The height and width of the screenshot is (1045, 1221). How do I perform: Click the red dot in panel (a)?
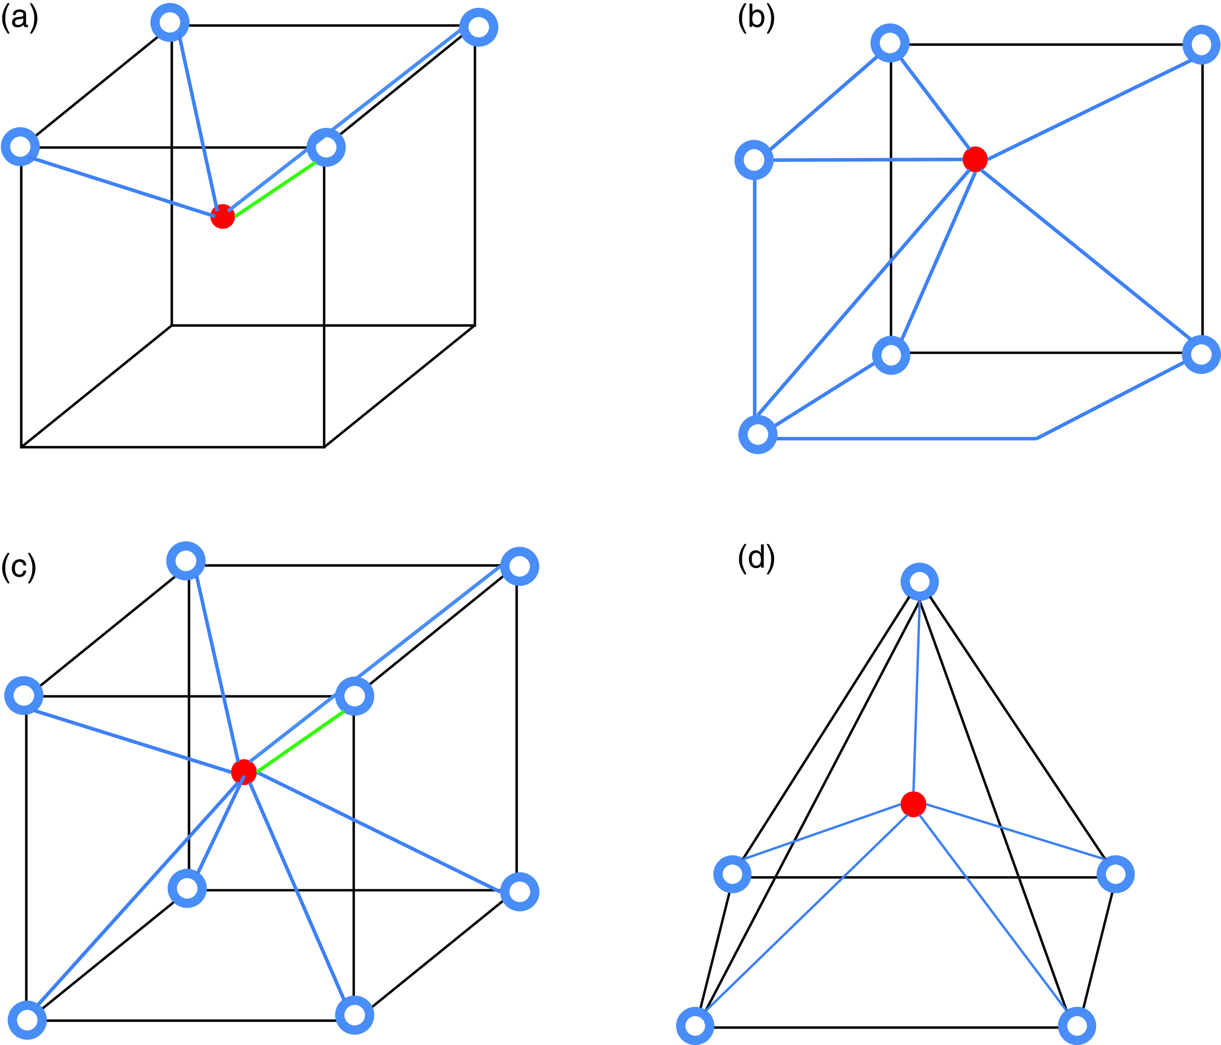pyautogui.click(x=223, y=217)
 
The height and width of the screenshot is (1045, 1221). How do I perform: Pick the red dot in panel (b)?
pyautogui.click(x=975, y=159)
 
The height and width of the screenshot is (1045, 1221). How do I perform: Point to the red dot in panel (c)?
pyautogui.click(x=243, y=771)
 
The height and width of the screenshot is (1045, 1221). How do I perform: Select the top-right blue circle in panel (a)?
pyautogui.click(x=478, y=27)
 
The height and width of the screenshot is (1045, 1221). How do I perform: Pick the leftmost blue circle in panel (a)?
pyautogui.click(x=21, y=146)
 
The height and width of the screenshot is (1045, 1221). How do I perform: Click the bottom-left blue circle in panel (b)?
pyautogui.click(x=758, y=435)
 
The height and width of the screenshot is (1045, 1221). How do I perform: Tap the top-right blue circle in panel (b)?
pyautogui.click(x=1201, y=44)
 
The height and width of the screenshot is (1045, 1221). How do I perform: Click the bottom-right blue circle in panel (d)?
pyautogui.click(x=1077, y=1026)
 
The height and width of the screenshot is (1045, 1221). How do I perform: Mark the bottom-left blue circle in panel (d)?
pyautogui.click(x=696, y=1026)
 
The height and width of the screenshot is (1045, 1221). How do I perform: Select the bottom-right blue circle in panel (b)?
pyautogui.click(x=1201, y=354)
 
